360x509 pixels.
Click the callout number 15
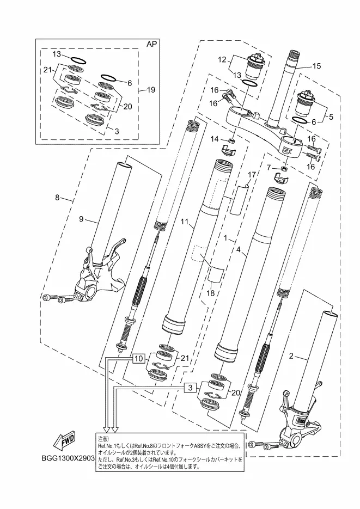click(316, 66)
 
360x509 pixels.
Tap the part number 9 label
click(81, 219)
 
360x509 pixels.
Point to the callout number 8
click(57, 198)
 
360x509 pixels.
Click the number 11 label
click(184, 223)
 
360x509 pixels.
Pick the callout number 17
click(252, 175)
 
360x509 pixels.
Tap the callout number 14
click(215, 139)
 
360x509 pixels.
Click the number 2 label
click(291, 357)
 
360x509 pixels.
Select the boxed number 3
click(188, 388)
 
